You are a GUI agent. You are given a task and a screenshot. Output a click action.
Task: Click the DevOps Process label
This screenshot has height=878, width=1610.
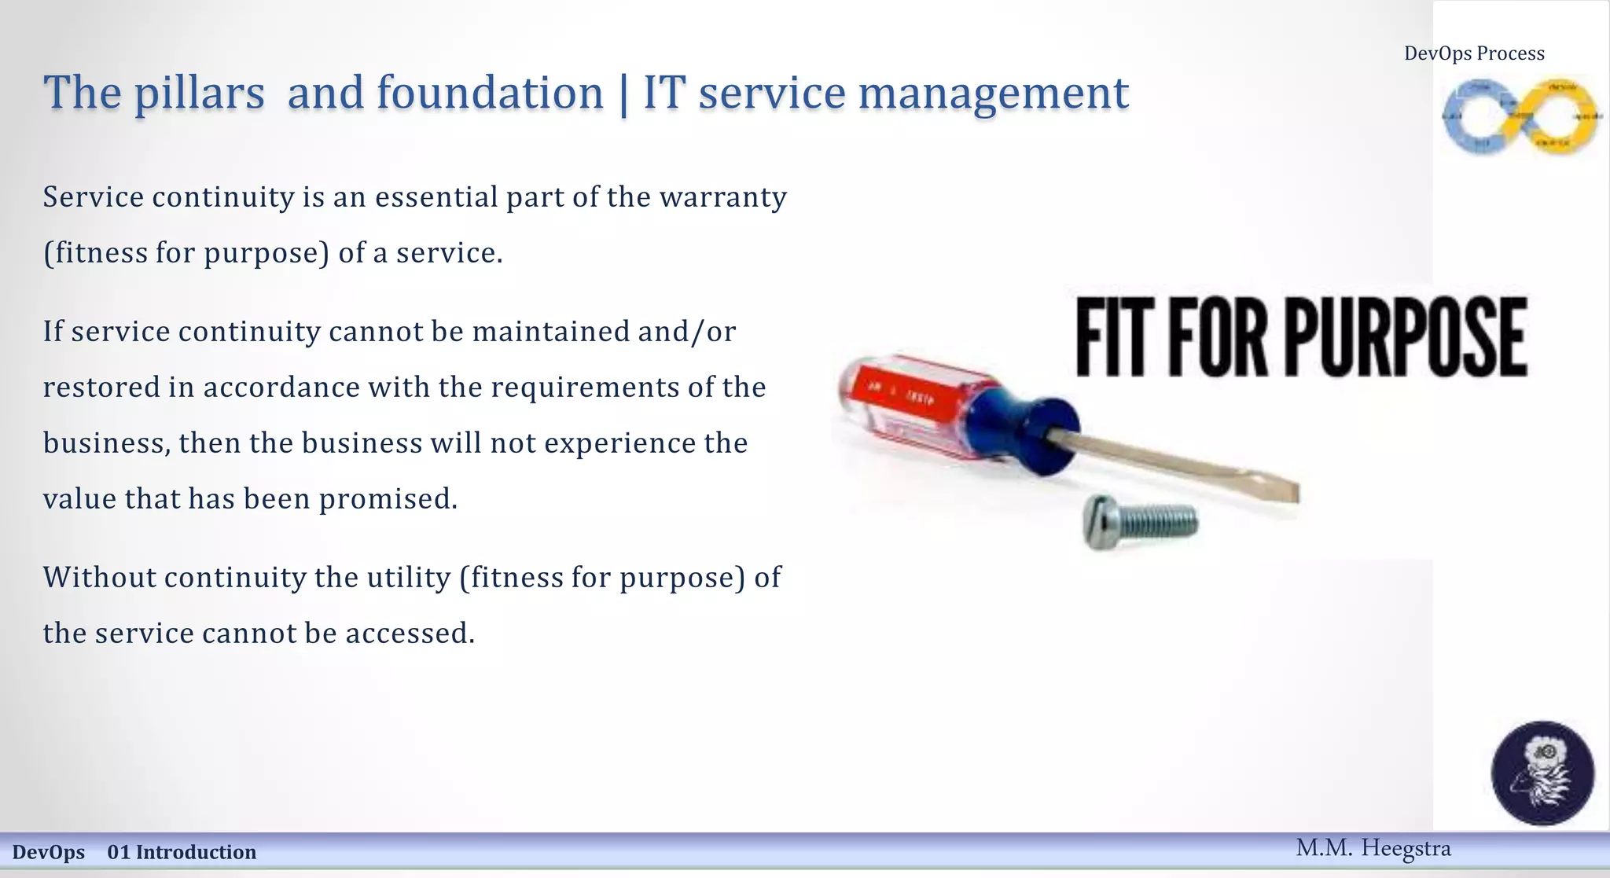[x=1474, y=53]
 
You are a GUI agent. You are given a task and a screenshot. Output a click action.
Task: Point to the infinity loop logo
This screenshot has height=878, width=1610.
[x=1520, y=116]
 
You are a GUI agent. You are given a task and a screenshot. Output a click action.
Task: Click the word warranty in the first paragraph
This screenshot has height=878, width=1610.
[x=722, y=197]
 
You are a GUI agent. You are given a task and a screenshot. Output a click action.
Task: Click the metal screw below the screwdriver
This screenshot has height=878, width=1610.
[x=1140, y=522]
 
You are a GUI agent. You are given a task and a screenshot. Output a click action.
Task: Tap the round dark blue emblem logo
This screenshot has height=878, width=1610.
[x=1542, y=773]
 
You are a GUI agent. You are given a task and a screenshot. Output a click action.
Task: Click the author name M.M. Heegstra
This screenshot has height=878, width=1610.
[x=1373, y=848]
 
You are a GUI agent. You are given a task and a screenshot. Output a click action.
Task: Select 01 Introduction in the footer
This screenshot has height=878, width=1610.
[x=182, y=852]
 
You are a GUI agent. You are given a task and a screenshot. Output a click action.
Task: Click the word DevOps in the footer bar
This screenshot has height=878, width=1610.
[x=49, y=852]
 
